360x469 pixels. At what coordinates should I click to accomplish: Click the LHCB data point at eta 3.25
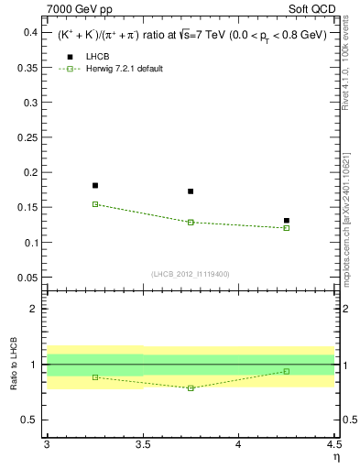click(x=95, y=185)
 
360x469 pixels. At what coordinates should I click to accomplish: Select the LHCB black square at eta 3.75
click(x=191, y=191)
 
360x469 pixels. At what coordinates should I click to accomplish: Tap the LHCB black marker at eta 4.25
click(x=287, y=221)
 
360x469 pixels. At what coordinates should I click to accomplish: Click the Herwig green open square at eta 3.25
click(x=95, y=204)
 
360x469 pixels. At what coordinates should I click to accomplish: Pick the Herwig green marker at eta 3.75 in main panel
click(x=191, y=222)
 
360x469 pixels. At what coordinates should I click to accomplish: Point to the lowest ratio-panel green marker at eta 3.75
click(x=191, y=388)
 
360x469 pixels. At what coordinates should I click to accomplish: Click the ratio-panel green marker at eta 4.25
click(x=287, y=371)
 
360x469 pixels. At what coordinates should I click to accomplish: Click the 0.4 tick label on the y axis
click(x=29, y=32)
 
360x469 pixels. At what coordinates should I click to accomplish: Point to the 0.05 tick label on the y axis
click(x=27, y=278)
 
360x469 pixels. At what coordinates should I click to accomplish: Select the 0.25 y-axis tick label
click(x=27, y=137)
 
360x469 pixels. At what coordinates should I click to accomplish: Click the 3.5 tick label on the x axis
click(x=142, y=446)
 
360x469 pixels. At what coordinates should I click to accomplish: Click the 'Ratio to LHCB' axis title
click(x=13, y=364)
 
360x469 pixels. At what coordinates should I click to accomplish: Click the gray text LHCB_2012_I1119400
click(x=191, y=274)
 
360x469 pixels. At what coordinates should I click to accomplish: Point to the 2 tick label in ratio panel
click(x=34, y=309)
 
